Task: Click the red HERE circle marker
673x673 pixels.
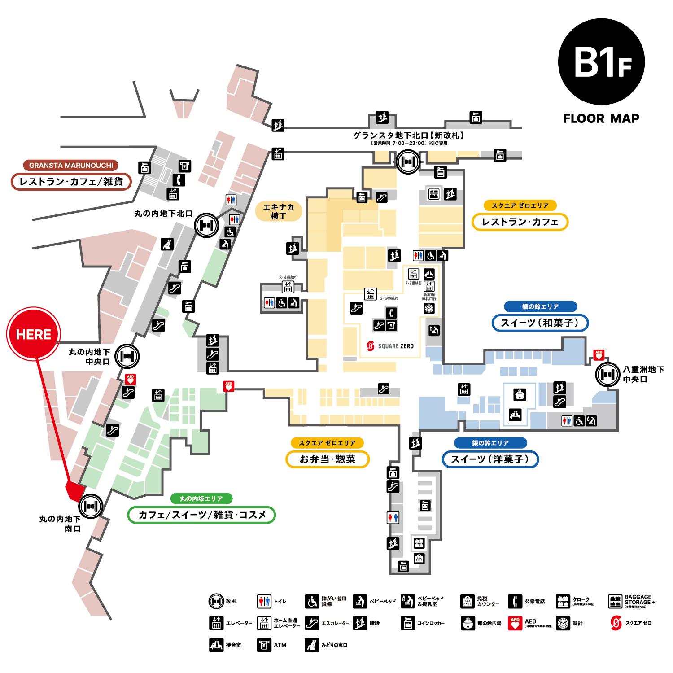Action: pos(34,334)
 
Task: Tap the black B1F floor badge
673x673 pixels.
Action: pos(601,62)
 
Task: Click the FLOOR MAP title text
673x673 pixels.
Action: pos(601,118)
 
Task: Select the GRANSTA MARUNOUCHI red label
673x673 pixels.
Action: pos(71,165)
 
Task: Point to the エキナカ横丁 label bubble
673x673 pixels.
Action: pos(278,211)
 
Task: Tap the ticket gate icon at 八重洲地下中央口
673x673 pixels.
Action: pos(607,374)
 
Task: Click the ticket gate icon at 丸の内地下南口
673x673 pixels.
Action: pos(91,506)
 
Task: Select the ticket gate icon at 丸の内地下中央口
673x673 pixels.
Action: pos(127,356)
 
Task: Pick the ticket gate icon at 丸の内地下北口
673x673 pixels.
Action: pos(206,225)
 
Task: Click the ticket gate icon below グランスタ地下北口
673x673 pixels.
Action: pos(408,162)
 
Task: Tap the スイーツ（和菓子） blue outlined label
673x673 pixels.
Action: pos(540,323)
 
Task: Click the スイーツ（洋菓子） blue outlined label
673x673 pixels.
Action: pos(490,459)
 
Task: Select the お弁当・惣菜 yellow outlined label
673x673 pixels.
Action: pos(328,459)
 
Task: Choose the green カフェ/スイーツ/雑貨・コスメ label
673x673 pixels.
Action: pos(201,515)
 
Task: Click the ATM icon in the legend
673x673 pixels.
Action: pos(264,645)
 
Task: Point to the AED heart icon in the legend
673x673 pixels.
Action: pos(515,623)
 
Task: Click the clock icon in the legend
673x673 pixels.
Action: pos(563,623)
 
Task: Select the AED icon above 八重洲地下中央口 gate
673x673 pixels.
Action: pos(599,355)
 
